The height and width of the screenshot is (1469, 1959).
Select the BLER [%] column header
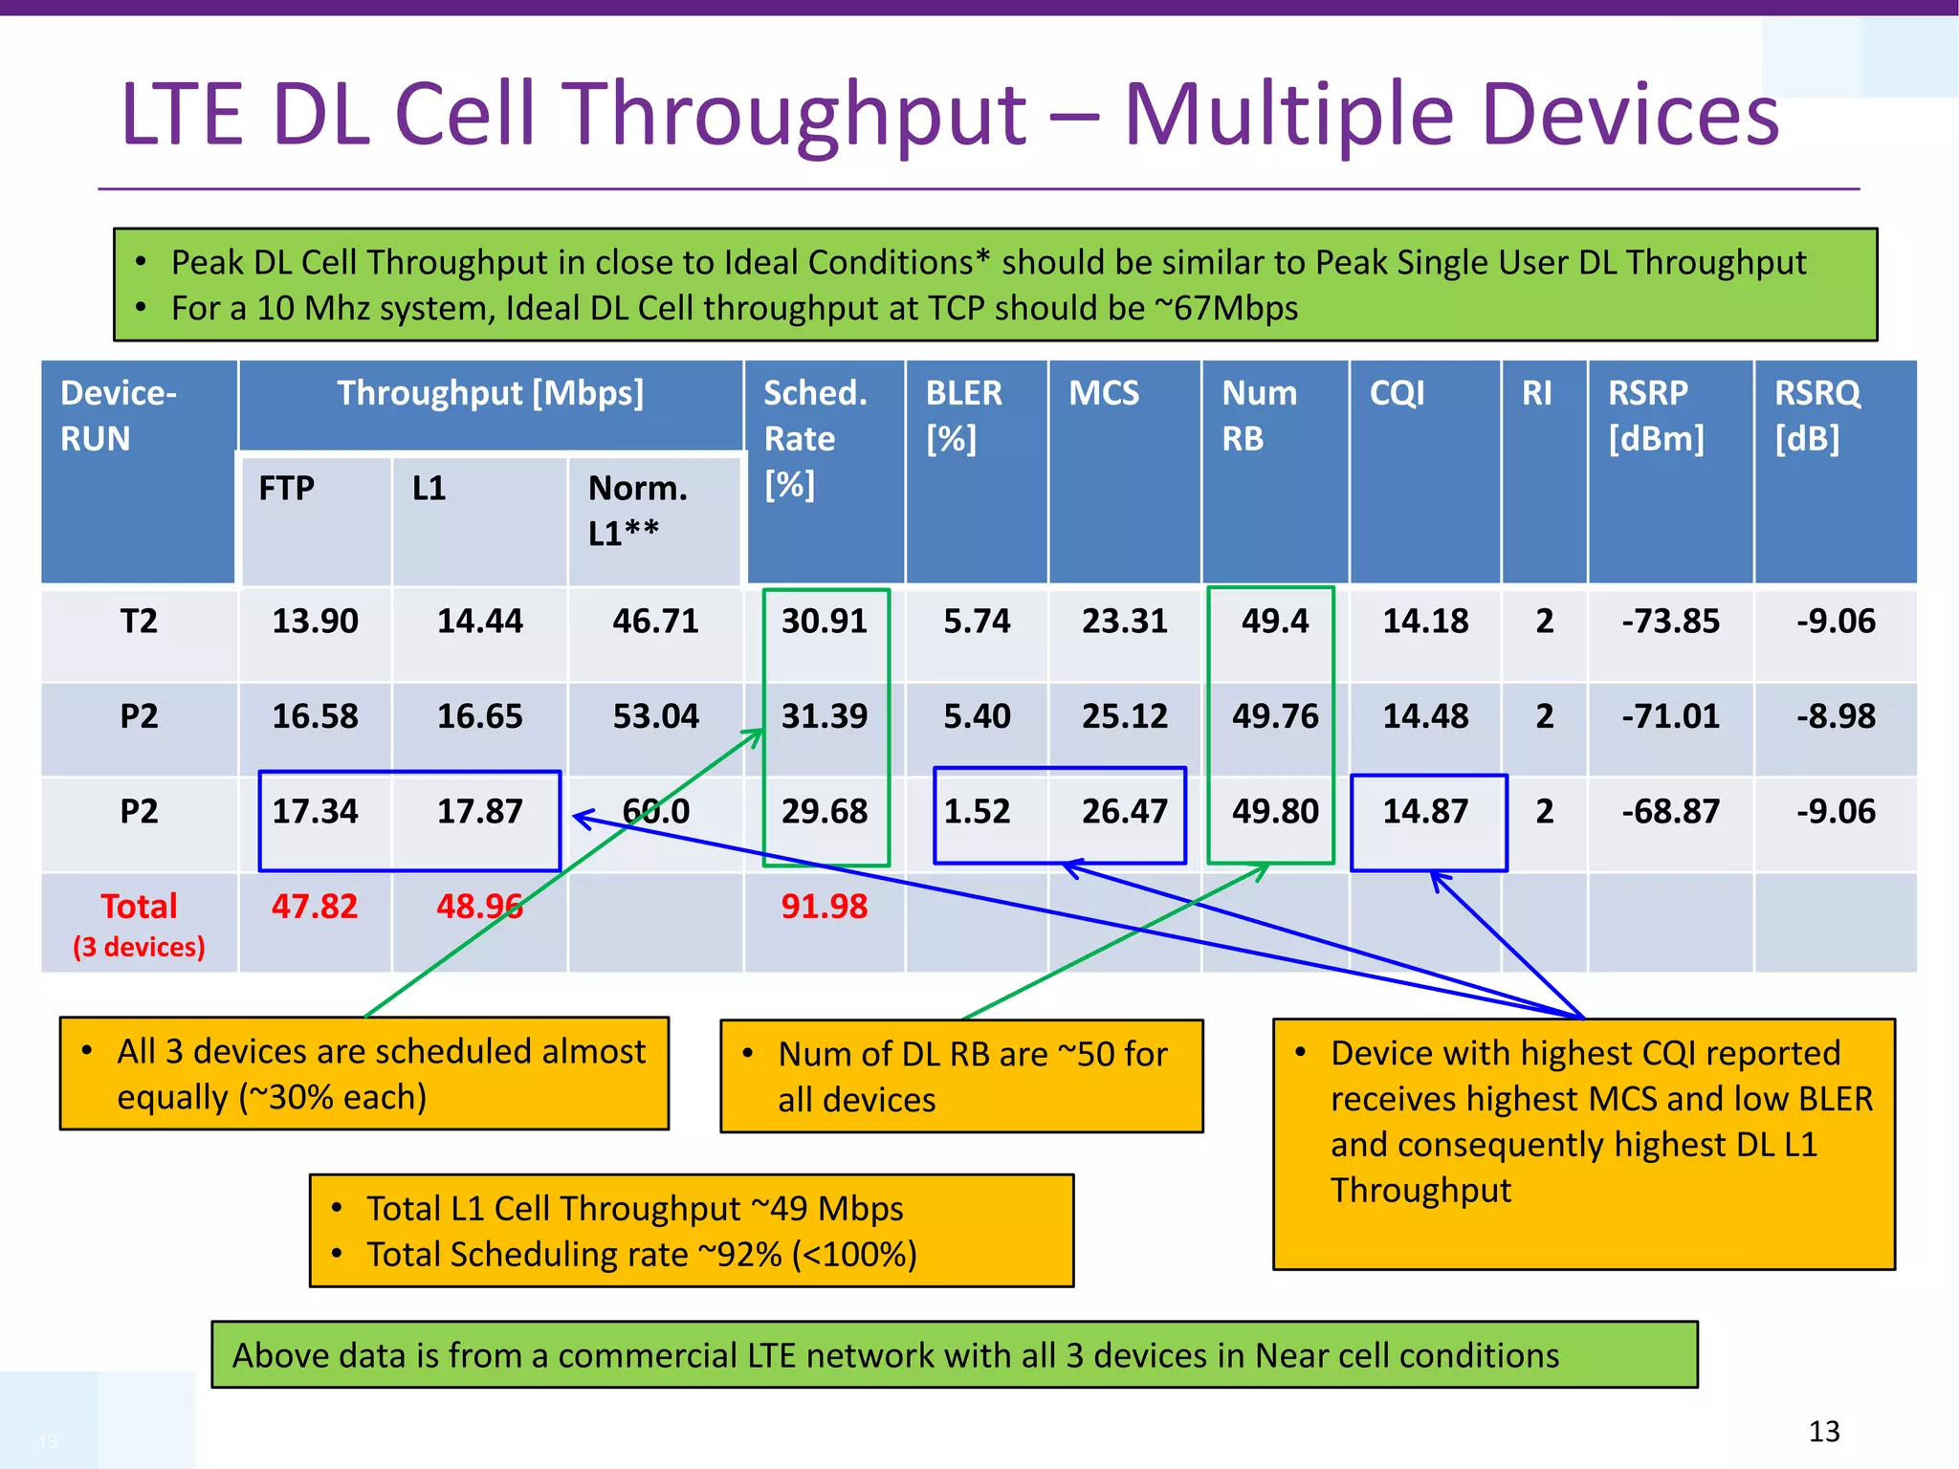coord(963,415)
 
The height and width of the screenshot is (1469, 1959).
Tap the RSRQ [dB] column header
coord(1816,415)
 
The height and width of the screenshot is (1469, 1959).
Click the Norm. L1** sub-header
coord(638,511)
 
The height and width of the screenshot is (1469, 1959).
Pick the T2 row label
coord(139,622)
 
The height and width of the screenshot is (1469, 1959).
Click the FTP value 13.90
coord(315,622)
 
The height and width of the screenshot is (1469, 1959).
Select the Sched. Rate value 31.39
coord(825,716)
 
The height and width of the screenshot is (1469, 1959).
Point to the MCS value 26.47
coord(1124,812)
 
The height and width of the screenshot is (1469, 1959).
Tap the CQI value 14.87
coord(1425,812)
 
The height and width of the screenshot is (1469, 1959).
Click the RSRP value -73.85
coord(1670,622)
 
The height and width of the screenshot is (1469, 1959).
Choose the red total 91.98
coord(825,907)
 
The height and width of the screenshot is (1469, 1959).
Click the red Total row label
coord(139,907)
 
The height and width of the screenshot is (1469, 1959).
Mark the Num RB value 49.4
coord(1275,622)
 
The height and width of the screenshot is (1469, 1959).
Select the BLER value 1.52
coord(977,812)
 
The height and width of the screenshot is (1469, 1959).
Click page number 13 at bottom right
coord(1824,1432)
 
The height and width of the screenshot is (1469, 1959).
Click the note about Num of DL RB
coord(961,1076)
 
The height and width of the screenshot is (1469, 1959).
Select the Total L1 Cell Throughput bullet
coord(634,1209)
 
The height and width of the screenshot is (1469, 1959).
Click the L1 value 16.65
coord(479,716)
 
